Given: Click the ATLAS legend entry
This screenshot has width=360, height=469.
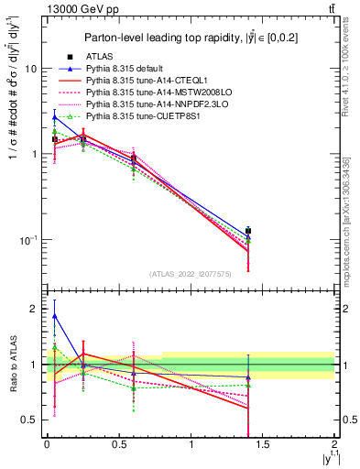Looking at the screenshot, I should [96, 57].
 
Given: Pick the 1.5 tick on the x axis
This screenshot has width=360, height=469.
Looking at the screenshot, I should [263, 443].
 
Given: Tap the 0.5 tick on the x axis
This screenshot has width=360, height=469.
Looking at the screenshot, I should [118, 443].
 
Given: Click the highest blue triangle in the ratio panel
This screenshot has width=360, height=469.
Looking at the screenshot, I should [55, 316].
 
